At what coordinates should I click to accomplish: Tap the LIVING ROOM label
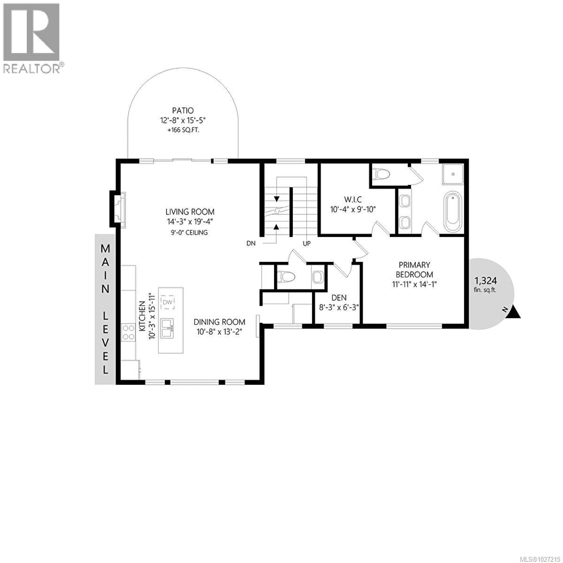(190, 212)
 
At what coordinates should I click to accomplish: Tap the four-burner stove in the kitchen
(128, 332)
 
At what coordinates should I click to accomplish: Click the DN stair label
(251, 243)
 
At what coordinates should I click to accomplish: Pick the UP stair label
(307, 243)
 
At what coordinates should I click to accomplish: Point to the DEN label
(339, 297)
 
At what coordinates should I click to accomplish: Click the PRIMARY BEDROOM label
(414, 270)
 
